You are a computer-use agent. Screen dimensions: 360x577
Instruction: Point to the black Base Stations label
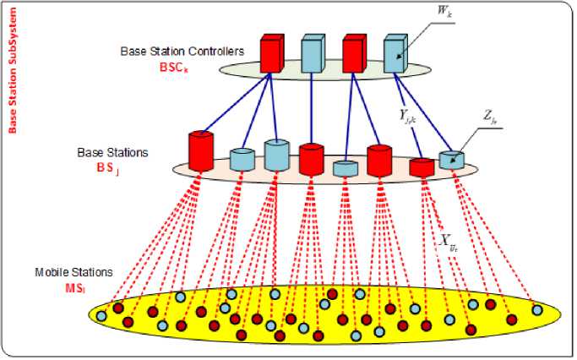pos(112,153)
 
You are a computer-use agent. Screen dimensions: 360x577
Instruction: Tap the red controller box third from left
pos(355,52)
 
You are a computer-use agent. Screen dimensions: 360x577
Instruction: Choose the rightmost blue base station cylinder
pos(451,160)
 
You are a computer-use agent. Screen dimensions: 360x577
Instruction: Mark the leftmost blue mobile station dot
pos(101,315)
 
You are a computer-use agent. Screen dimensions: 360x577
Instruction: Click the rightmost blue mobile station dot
pos(537,309)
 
